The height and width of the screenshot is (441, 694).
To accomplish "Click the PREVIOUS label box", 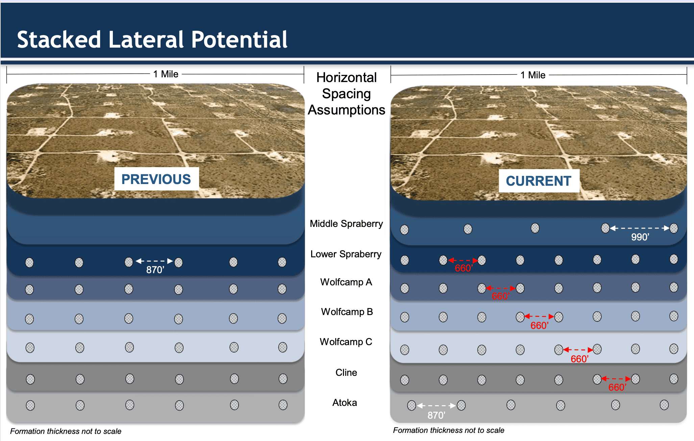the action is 156,179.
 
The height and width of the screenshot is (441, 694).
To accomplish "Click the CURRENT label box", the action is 539,181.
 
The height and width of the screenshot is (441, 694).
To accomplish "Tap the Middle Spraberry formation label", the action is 346,224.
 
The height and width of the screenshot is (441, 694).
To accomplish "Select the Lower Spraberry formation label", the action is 346,254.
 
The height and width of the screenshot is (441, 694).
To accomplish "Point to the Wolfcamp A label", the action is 346,282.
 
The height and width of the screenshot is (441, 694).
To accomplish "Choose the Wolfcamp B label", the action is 347,312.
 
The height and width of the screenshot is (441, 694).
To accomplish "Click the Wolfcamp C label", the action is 346,342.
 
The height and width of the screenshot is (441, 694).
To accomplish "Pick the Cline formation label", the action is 346,372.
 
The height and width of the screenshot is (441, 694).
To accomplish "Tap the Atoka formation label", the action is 345,403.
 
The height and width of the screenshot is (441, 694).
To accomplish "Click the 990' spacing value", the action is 640,237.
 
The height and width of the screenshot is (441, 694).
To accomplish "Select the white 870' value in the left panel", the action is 155,270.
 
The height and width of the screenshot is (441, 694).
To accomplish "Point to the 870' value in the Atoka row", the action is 436,415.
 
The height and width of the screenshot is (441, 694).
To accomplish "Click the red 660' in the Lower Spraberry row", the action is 464,268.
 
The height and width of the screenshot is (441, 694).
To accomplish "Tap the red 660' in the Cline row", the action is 617,387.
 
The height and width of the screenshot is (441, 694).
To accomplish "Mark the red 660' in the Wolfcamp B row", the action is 539,326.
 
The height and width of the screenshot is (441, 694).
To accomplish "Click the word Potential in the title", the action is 239,40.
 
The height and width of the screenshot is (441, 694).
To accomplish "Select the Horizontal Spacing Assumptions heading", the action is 346,94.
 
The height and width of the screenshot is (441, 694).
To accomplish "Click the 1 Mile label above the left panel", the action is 166,74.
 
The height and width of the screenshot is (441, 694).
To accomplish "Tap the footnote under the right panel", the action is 448,430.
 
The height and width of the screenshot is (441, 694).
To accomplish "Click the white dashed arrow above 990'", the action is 640,228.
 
